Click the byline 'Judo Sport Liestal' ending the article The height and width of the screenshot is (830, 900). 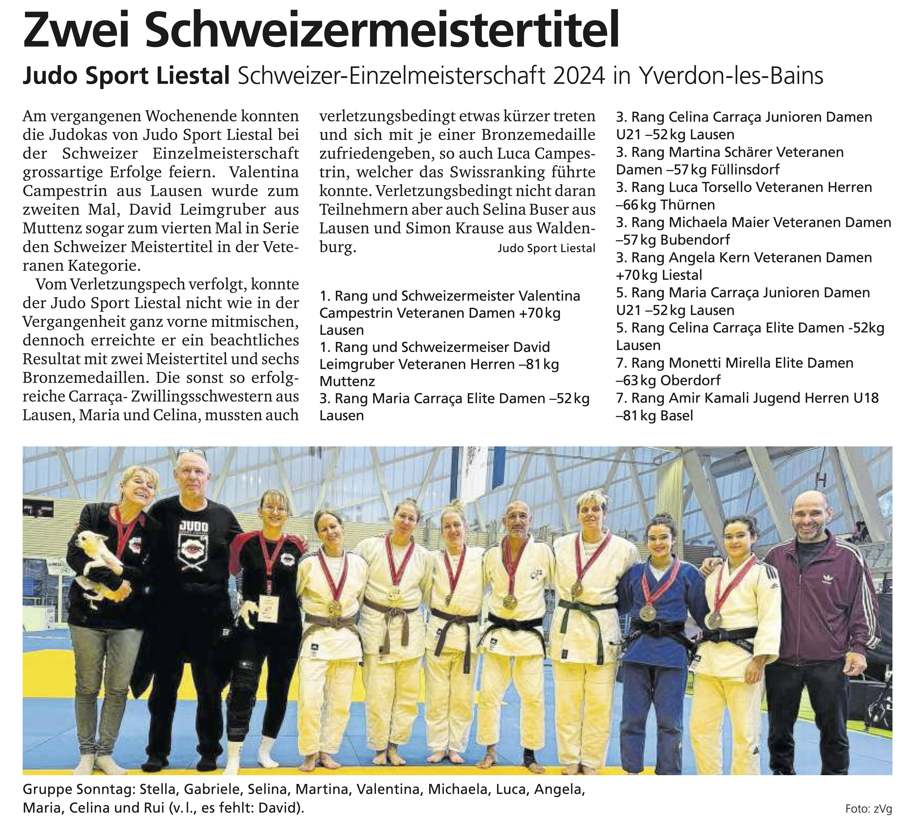coord(546,248)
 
